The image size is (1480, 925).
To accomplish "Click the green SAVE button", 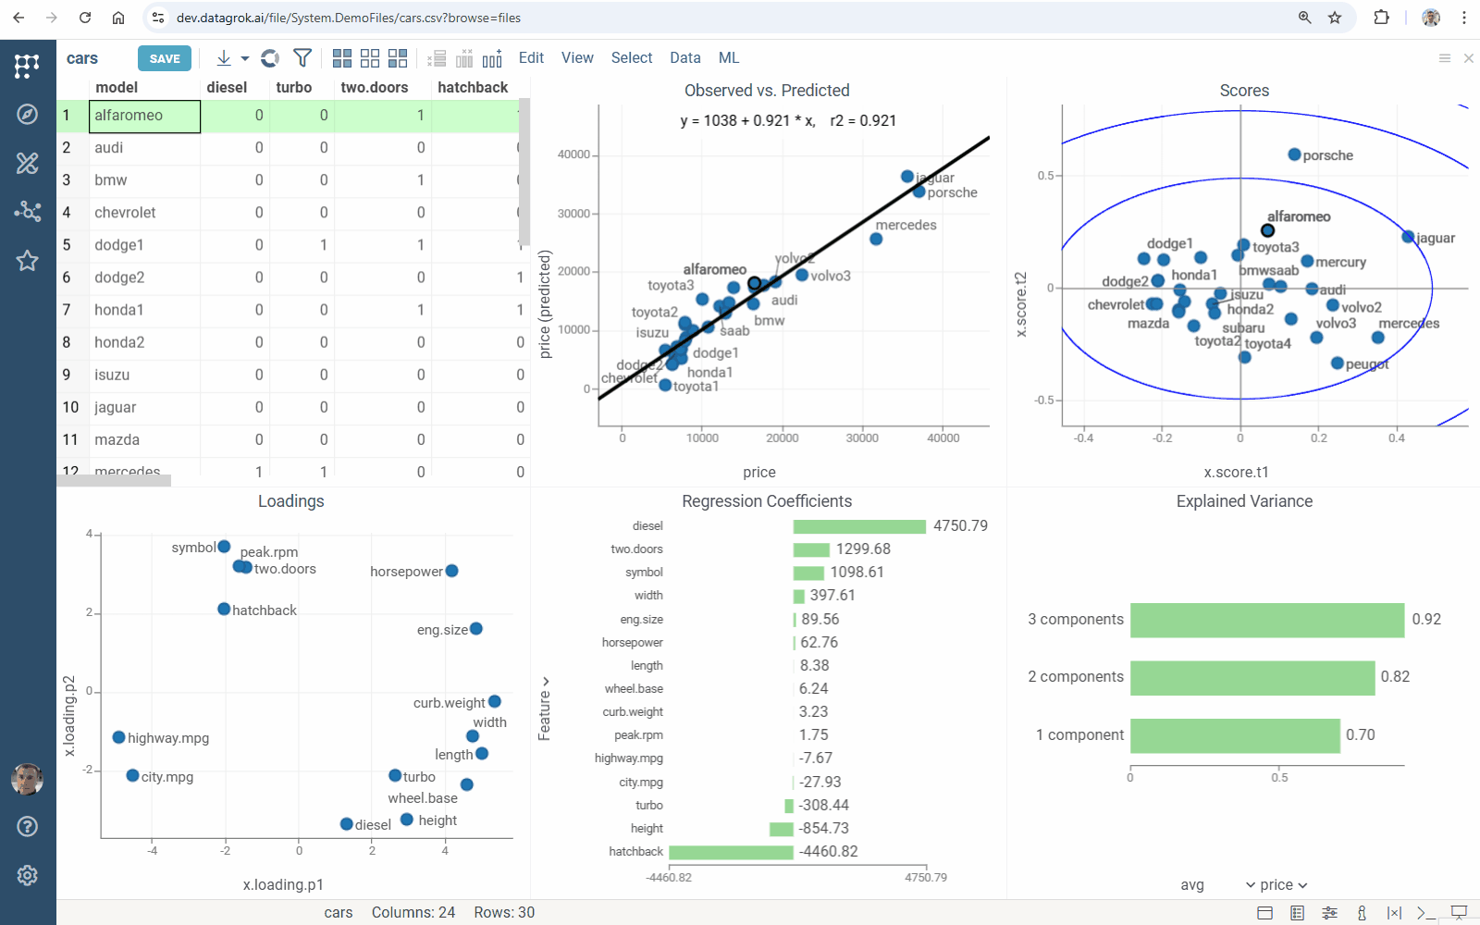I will pos(165,58).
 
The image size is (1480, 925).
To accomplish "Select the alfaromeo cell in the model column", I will pos(144,116).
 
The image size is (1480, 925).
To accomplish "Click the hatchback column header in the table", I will pos(472,87).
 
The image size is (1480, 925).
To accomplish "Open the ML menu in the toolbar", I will pos(728,57).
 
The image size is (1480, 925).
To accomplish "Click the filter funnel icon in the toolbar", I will pos(302,58).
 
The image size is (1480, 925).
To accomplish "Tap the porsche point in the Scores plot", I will pos(1294,154).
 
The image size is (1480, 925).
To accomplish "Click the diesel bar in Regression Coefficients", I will pos(858,526).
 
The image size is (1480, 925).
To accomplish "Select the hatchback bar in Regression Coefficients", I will pos(731,852).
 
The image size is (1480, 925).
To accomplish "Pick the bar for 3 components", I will pos(1266,620).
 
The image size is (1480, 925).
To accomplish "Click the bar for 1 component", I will pos(1234,735).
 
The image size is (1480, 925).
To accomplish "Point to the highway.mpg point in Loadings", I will pos(118,737).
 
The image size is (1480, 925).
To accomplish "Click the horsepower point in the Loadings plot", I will pos(451,571).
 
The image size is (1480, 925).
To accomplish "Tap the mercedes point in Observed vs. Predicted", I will pos(876,240).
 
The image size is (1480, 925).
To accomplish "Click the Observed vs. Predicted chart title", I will pos(766,91).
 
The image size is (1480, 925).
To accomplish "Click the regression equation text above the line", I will pos(787,120).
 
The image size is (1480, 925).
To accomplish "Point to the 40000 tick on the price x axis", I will pos(943,438).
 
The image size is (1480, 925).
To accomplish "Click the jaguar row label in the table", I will pos(116,407).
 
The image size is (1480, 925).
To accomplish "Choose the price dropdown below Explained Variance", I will pos(1276,885).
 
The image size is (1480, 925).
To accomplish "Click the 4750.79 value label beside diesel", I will pos(960,526).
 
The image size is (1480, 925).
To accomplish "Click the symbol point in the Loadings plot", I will pos(224,547).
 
